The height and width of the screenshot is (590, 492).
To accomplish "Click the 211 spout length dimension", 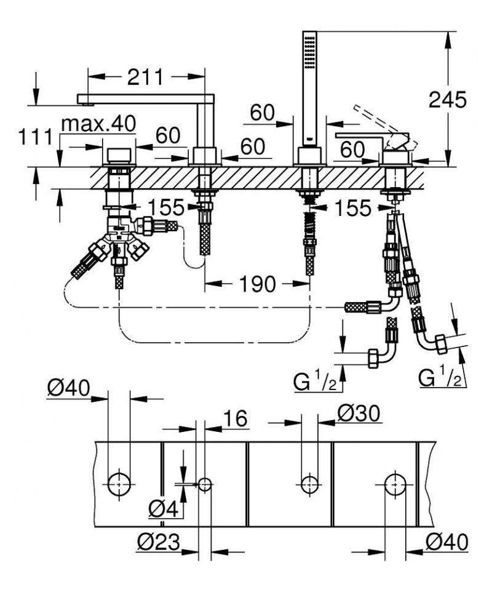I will [x=146, y=77].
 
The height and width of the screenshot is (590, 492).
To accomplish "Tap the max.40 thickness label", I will [x=98, y=124].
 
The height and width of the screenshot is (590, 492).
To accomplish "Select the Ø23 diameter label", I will [x=159, y=542].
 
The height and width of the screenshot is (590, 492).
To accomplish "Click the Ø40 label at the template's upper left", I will [x=68, y=388].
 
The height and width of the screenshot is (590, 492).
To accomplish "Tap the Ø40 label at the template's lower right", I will [x=447, y=541].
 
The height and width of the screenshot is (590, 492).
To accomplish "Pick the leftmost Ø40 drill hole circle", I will [x=119, y=484].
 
